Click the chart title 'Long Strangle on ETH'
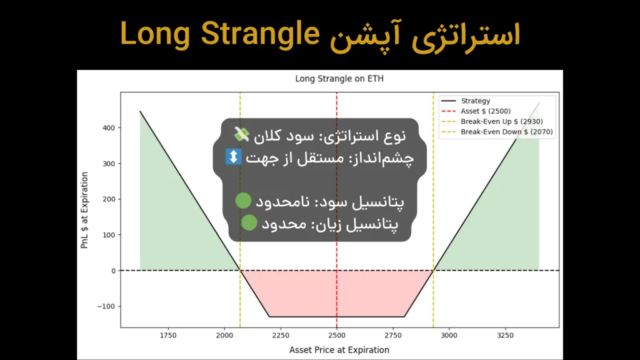(x=339, y=79)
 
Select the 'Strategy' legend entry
(x=475, y=101)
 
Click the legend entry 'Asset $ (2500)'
(x=486, y=111)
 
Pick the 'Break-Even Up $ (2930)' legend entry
(x=501, y=121)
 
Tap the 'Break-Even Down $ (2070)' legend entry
(x=506, y=132)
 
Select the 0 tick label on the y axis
(x=112, y=271)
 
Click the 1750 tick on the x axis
(x=168, y=336)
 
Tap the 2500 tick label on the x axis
(x=337, y=336)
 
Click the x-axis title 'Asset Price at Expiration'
(x=339, y=350)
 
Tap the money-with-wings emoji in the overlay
(x=242, y=134)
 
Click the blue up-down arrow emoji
(x=233, y=157)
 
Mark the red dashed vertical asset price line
(x=337, y=287)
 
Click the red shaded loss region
(x=337, y=294)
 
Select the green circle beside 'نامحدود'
(x=243, y=201)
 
